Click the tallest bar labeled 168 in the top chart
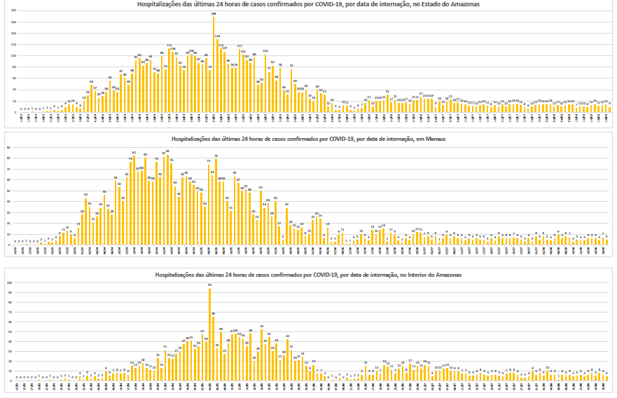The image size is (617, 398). pos(214,64)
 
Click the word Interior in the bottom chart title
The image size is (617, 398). pos(422,275)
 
